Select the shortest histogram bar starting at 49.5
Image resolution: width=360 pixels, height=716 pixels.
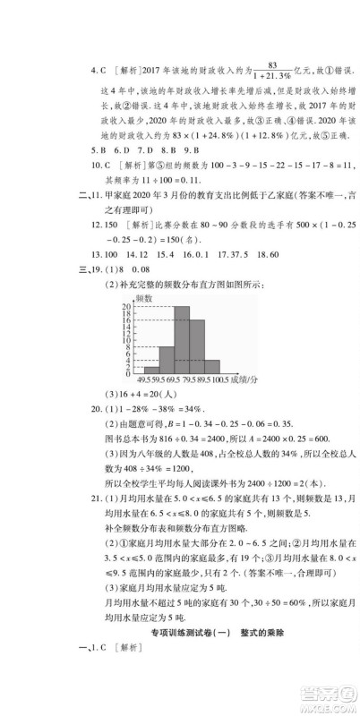pos(151,367)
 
